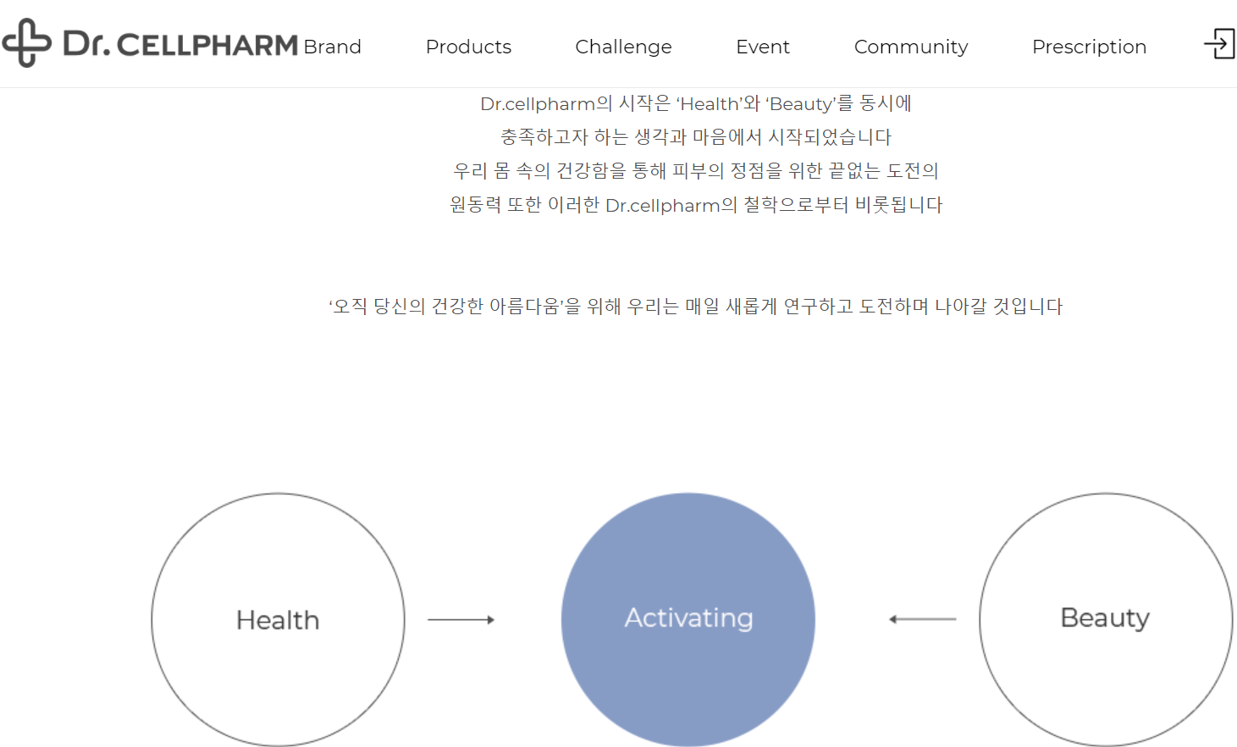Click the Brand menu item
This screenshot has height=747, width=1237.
click(x=332, y=47)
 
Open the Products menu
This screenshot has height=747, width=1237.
click(x=468, y=47)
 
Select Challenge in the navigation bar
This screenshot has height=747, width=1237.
click(x=623, y=47)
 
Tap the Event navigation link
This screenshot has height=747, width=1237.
click(x=762, y=47)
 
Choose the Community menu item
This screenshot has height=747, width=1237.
click(x=910, y=47)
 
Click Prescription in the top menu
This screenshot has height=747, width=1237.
click(x=1089, y=47)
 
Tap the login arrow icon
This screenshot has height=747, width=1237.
click(x=1219, y=43)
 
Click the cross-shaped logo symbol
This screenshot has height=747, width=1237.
click(x=26, y=42)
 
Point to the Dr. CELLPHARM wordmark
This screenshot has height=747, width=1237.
click(x=179, y=44)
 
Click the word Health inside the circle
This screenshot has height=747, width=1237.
click(x=278, y=620)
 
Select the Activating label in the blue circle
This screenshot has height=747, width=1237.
click(x=688, y=618)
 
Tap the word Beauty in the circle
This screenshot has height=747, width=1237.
click(x=1105, y=618)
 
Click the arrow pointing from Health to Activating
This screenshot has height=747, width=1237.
click(x=461, y=620)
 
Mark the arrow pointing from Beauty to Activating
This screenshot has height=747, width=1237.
click(x=922, y=619)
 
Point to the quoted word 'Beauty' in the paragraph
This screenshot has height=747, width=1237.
click(x=801, y=104)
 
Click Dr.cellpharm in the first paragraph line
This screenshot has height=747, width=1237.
click(x=537, y=104)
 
